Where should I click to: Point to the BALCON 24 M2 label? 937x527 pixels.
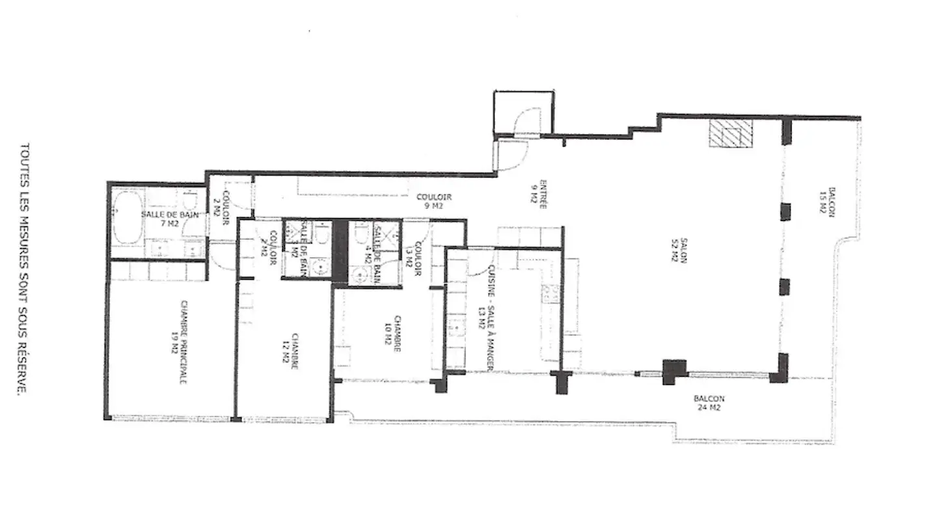709,403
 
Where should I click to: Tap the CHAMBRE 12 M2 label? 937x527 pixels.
290,352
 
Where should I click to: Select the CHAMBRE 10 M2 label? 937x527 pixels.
392,334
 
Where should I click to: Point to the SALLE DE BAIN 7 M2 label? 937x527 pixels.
161,219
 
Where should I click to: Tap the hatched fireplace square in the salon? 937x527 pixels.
730,133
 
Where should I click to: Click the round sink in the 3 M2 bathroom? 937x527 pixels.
319,267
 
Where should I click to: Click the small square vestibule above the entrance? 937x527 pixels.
524,112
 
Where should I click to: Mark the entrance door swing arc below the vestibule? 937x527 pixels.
511,155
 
